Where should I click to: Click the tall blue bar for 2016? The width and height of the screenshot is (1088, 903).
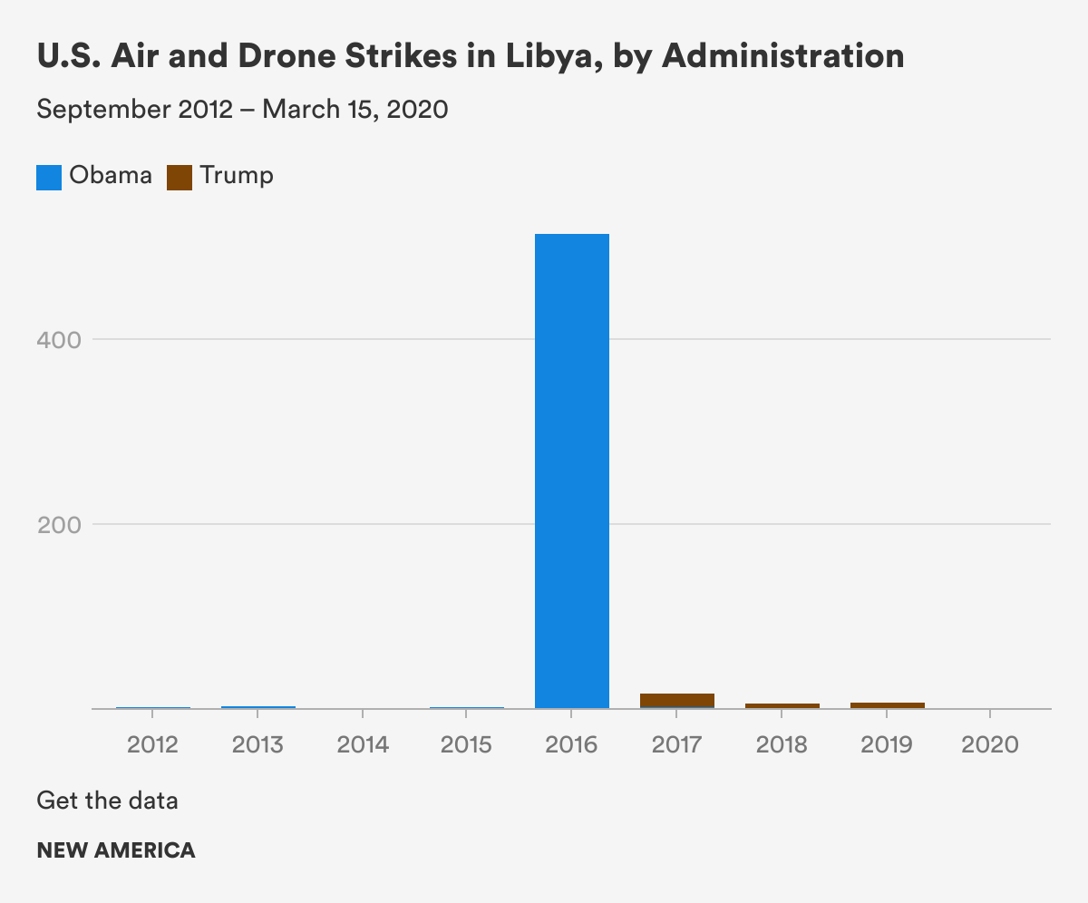571,471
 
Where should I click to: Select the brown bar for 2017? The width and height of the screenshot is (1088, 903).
676,700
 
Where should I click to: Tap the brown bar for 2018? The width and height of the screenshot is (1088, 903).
782,704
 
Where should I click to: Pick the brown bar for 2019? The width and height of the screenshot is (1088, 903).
887,704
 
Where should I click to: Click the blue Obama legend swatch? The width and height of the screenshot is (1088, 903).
49,177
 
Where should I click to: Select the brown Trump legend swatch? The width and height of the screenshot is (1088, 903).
180,177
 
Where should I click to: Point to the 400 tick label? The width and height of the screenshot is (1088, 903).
60,340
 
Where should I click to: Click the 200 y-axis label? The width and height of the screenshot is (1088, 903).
60,525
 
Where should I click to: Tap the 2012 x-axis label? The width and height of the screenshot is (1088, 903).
152,744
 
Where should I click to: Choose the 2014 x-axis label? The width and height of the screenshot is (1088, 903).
363,744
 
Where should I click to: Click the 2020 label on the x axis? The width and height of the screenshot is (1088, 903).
990,744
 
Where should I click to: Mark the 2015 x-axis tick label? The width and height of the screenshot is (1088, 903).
466,744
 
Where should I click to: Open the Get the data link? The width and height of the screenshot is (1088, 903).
107,801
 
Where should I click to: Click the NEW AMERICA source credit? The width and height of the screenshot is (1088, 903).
115,850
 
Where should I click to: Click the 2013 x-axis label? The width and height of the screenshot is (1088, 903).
257,744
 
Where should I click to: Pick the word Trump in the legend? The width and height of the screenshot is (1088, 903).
237,175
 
